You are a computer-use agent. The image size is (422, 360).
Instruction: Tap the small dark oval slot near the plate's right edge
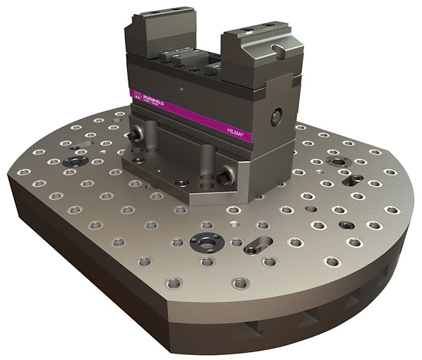point(346,224)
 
